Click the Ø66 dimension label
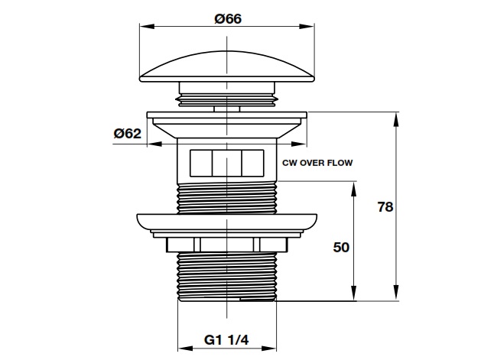(x=228, y=19)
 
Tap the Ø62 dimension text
(x=128, y=134)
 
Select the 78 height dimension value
(x=385, y=207)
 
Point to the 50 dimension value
(x=341, y=247)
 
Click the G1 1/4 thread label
(x=226, y=340)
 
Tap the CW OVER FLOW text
(x=317, y=163)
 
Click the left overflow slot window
(x=201, y=163)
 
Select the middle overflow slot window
(x=227, y=163)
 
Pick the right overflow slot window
(x=252, y=163)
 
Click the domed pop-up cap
(x=227, y=66)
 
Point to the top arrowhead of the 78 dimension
(x=396, y=120)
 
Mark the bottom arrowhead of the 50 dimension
(x=354, y=293)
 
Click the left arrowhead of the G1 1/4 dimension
(x=185, y=349)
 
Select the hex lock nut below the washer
(x=227, y=245)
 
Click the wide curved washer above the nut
(x=227, y=223)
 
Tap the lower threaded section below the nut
(x=227, y=277)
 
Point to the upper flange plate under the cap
(x=227, y=115)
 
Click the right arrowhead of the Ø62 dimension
(x=299, y=144)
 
